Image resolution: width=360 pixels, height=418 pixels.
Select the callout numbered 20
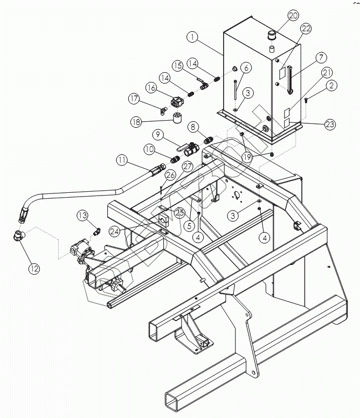[293, 15]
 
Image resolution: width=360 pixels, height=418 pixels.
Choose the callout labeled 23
[330, 123]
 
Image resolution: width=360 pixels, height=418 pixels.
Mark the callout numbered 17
[134, 99]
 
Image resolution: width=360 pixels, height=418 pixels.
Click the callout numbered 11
[123, 159]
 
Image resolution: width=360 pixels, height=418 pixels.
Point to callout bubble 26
[170, 175]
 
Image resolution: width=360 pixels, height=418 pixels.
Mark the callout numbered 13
[82, 215]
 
